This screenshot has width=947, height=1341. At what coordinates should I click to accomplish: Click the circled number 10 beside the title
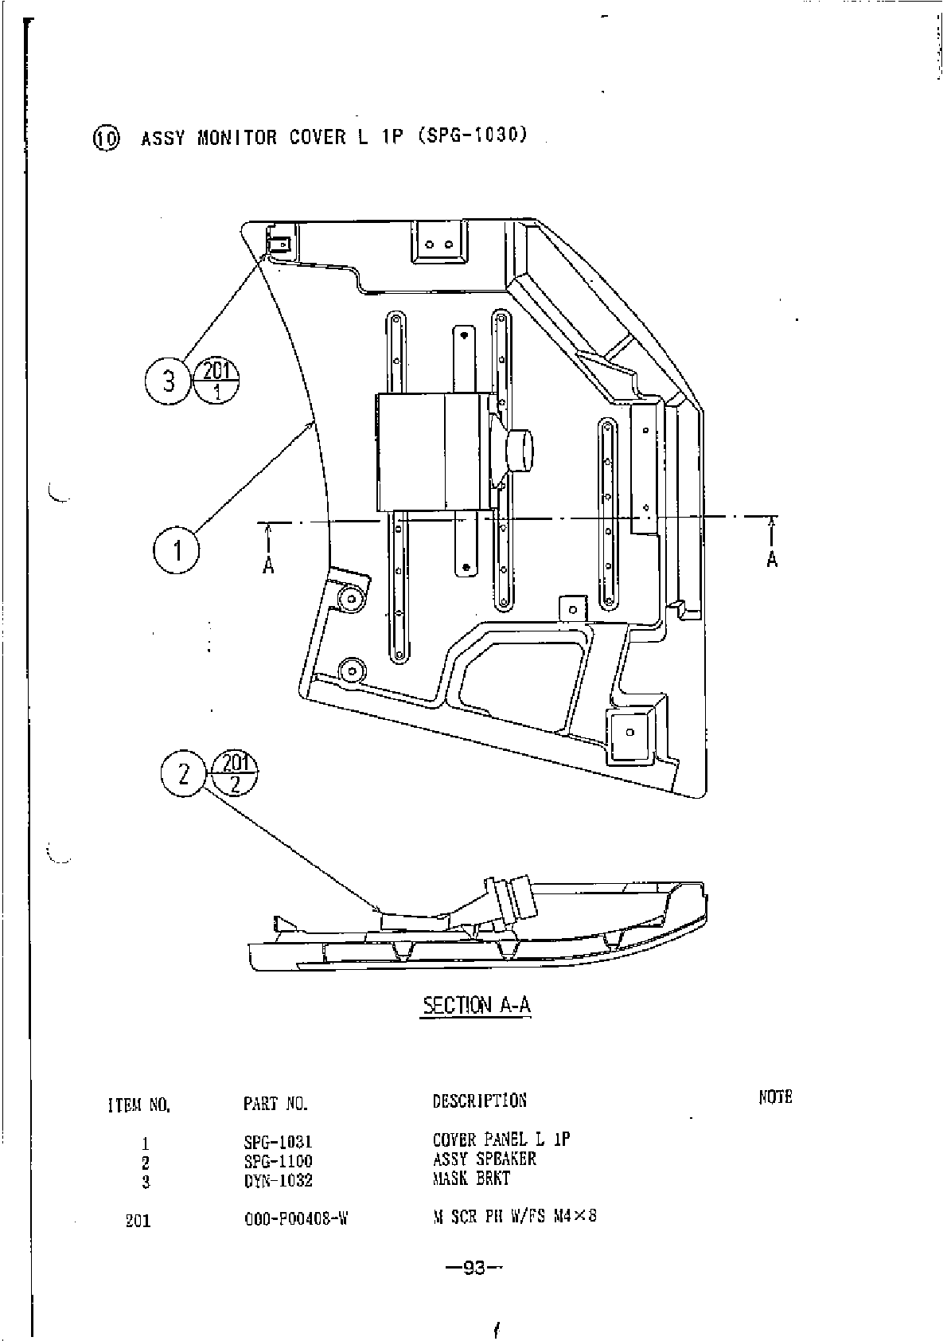(106, 139)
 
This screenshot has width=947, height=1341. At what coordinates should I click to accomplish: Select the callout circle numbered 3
(168, 381)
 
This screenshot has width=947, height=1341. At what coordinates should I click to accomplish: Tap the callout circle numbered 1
(177, 550)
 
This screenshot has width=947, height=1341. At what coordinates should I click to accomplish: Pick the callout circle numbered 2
(184, 773)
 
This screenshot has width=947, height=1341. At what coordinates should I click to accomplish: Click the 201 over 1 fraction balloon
(216, 381)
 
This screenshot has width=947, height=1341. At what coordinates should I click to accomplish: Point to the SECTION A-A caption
(476, 1005)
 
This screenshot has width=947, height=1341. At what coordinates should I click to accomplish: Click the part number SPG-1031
(278, 1142)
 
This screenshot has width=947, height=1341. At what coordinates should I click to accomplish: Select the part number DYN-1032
(278, 1180)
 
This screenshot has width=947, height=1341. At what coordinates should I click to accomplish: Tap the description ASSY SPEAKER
(484, 1159)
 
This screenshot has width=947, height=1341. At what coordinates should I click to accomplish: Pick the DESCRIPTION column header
(479, 1101)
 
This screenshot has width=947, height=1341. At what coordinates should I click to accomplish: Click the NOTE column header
(775, 1097)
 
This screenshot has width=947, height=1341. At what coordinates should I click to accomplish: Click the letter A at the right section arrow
(772, 560)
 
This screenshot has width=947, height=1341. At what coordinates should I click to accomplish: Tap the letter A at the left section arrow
(269, 565)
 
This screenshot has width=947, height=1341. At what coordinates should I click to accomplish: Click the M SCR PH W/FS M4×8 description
(514, 1217)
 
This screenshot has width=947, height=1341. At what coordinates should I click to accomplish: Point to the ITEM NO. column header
(138, 1105)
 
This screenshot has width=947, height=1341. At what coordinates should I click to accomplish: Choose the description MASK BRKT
(471, 1179)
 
